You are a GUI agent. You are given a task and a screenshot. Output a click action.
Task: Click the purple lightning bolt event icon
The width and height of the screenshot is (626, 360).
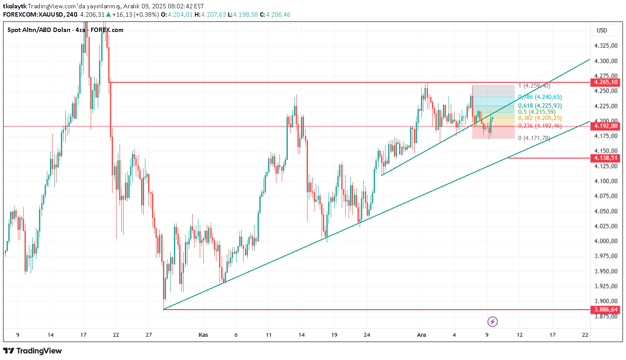point(493,322)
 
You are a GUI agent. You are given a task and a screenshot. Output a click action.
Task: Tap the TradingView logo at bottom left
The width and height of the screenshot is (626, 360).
point(32,351)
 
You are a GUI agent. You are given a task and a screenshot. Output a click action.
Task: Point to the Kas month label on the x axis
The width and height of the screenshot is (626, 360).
point(203,335)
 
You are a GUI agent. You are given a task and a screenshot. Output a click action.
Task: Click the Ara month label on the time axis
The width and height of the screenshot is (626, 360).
point(421,335)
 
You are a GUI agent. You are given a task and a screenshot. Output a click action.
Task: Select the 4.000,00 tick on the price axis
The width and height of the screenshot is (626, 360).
point(606,241)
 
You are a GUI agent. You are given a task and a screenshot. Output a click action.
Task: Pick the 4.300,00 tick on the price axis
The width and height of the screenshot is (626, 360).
point(606,61)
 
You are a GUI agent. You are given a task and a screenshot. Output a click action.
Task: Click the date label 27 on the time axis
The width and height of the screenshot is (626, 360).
point(149,335)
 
